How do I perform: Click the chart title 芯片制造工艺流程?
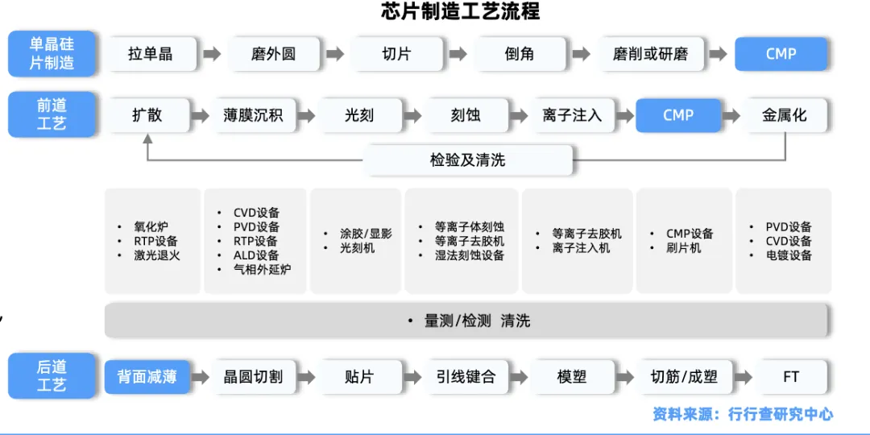click(460, 11)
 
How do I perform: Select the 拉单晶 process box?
click(151, 55)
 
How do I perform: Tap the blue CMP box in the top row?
click(781, 55)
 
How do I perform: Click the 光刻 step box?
click(359, 115)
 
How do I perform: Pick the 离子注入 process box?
click(572, 115)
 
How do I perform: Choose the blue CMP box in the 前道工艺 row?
click(678, 115)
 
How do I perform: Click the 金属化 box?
click(784, 115)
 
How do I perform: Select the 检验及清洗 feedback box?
click(467, 160)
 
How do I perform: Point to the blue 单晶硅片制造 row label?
click(52, 53)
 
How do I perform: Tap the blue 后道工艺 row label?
click(52, 376)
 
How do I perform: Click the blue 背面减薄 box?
click(147, 376)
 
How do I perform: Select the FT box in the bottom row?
click(791, 376)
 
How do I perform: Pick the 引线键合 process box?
click(466, 376)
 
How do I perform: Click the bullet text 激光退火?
click(157, 255)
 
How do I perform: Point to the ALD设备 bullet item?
click(256, 255)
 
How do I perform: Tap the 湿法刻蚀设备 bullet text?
click(470, 255)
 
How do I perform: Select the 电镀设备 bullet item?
click(789, 255)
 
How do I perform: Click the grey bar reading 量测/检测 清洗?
click(466, 321)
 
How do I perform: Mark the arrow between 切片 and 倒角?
click(458, 55)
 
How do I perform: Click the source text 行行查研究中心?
click(780, 415)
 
